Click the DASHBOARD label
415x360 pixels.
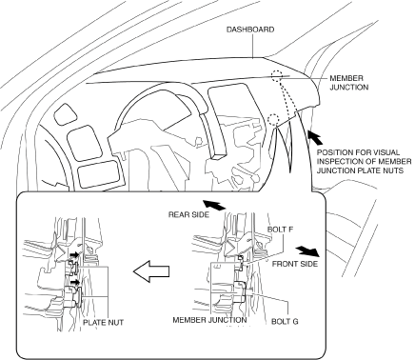[250, 30]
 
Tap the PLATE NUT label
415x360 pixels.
[103, 322]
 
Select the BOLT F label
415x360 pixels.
[280, 230]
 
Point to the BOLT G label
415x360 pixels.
[285, 322]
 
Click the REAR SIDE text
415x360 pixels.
[188, 214]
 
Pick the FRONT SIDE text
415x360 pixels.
[295, 264]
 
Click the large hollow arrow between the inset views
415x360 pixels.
[151, 271]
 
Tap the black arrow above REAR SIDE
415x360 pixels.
[214, 205]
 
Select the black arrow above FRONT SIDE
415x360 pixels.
[307, 250]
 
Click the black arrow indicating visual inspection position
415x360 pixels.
[316, 137]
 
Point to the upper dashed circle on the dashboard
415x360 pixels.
[277, 76]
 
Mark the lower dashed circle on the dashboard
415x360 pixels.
[273, 120]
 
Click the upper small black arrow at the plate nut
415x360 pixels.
[75, 254]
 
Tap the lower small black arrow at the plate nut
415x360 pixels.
[75, 282]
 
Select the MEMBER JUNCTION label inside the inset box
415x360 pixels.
[209, 320]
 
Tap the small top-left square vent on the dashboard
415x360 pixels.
[65, 115]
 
